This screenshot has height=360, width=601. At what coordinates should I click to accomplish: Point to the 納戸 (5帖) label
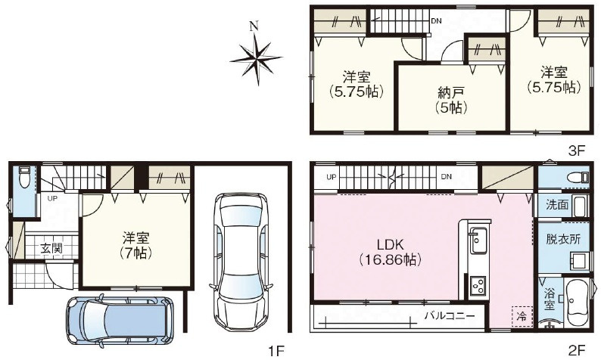(x=450, y=100)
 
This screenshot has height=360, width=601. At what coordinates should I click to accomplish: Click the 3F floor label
(x=578, y=151)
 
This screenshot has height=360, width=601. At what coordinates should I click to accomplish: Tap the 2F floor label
(x=577, y=350)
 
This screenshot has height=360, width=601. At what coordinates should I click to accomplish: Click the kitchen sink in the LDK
(x=478, y=241)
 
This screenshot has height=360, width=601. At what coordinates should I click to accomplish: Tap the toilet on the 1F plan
(x=23, y=179)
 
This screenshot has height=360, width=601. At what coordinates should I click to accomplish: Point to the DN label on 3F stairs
(x=436, y=20)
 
